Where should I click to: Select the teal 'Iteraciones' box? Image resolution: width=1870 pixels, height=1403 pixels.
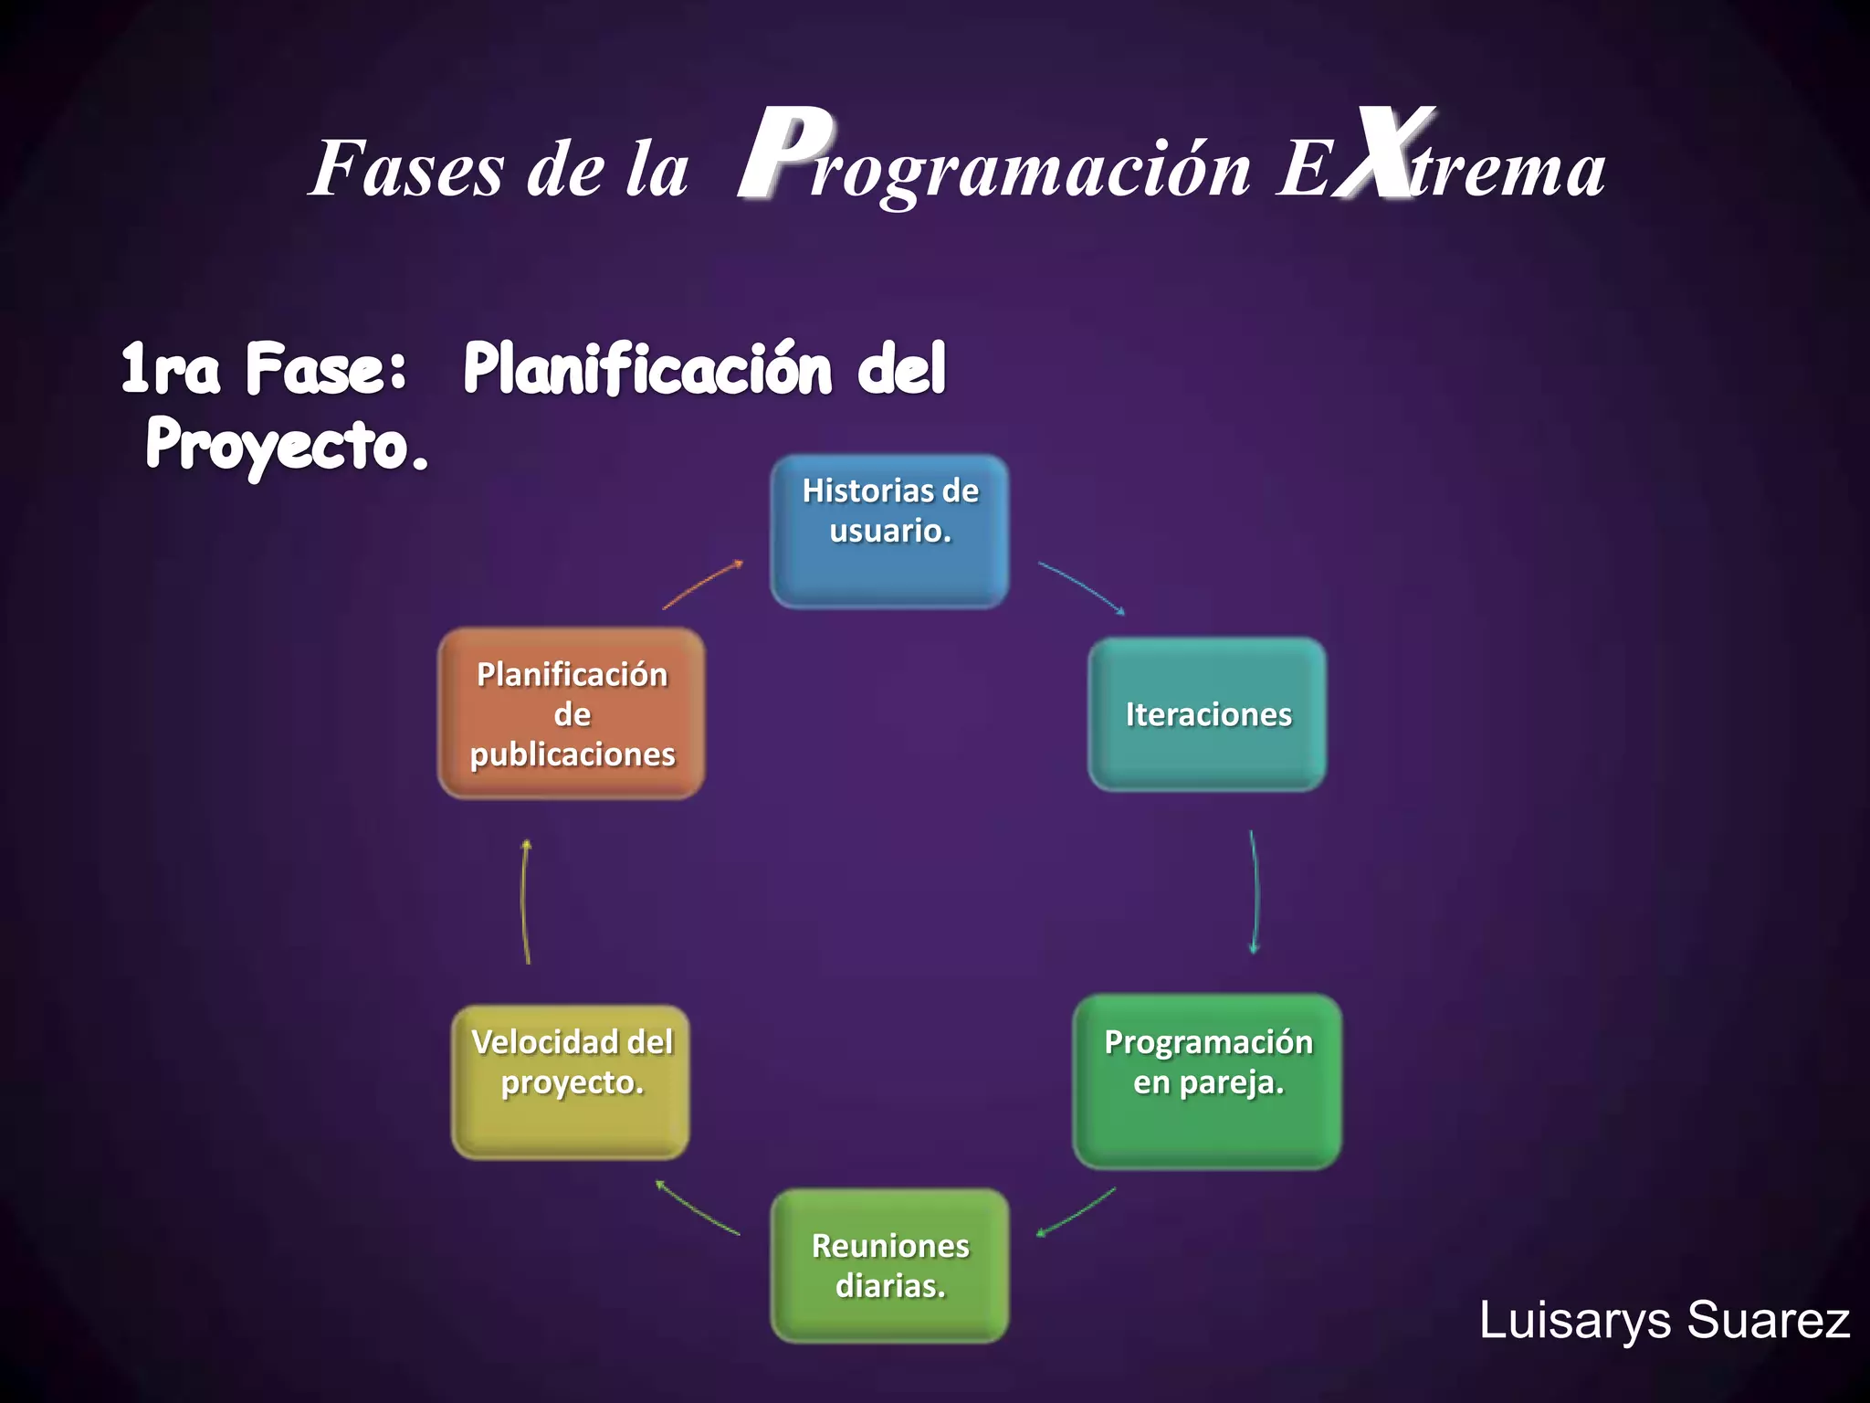[1207, 714]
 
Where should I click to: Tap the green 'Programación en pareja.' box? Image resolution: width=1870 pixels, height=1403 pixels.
[1207, 1081]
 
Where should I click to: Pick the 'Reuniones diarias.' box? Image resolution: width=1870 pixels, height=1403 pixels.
[890, 1266]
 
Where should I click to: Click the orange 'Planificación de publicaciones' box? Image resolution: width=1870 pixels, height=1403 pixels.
[572, 714]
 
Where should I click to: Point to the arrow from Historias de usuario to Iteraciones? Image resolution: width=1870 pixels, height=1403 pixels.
[1082, 587]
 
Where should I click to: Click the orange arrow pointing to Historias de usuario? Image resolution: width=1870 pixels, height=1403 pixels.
[702, 585]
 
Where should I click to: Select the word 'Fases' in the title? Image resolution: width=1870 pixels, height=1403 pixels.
[406, 169]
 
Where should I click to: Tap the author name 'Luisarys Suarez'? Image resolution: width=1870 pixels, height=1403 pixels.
[1664, 1320]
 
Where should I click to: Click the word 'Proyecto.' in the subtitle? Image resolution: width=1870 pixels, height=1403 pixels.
[287, 445]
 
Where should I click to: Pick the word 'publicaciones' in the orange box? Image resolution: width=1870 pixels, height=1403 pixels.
[573, 754]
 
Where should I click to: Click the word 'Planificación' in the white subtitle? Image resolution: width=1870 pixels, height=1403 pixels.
[647, 368]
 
